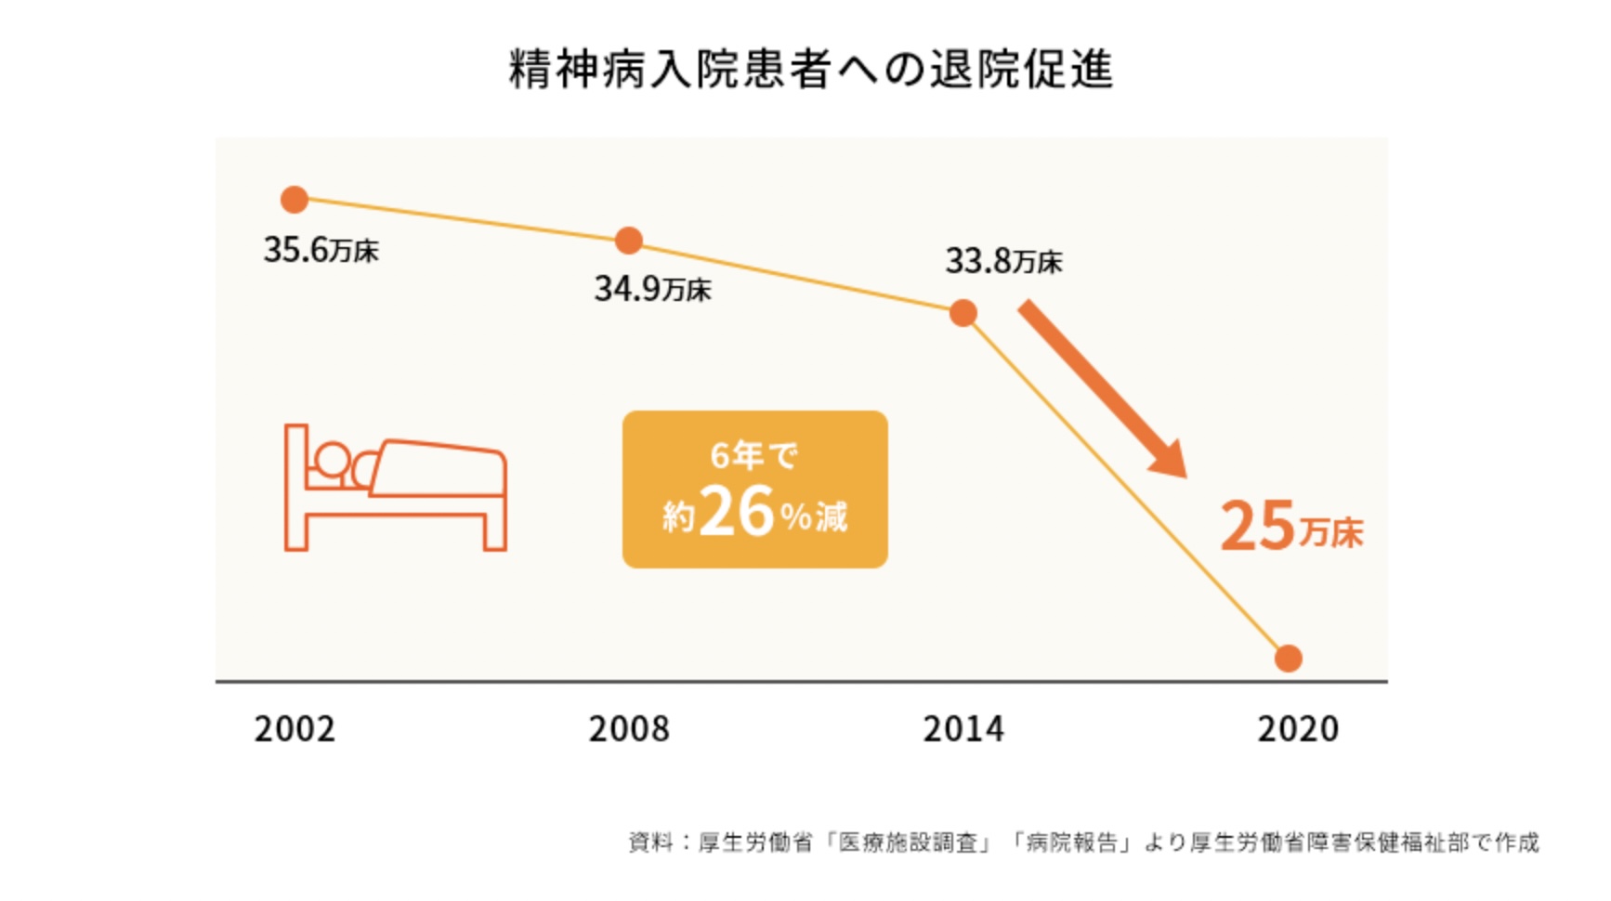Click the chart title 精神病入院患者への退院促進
pyautogui.click(x=810, y=70)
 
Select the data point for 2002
pyautogui.click(x=295, y=199)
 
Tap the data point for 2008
pyautogui.click(x=629, y=241)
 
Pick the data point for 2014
pyautogui.click(x=963, y=313)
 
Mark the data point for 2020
pyautogui.click(x=1289, y=658)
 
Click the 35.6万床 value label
pyautogui.click(x=321, y=250)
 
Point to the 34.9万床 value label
pyautogui.click(x=652, y=289)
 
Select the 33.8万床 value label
pyautogui.click(x=1003, y=261)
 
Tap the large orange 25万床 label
pyautogui.click(x=1290, y=527)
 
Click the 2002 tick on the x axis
pyautogui.click(x=295, y=729)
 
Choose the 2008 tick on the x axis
pyautogui.click(x=629, y=729)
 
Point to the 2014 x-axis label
pyautogui.click(x=963, y=729)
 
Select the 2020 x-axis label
pyautogui.click(x=1298, y=729)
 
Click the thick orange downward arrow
pyautogui.click(x=1103, y=388)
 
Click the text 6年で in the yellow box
pyautogui.click(x=753, y=456)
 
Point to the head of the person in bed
pyautogui.click(x=331, y=460)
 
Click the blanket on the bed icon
pyautogui.click(x=439, y=468)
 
